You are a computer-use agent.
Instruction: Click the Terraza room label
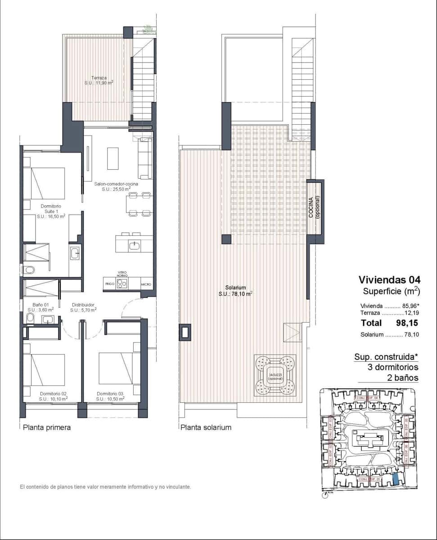(x=99, y=80)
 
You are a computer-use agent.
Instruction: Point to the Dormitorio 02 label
(x=53, y=396)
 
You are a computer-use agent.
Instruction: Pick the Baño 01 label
(x=40, y=307)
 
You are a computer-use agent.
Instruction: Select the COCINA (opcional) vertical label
(x=315, y=207)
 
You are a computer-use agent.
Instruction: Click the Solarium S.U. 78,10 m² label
(x=235, y=290)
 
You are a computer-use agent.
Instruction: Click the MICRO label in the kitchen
(x=146, y=285)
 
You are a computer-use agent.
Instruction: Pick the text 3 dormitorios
(x=393, y=367)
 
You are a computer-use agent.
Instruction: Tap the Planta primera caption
(x=47, y=427)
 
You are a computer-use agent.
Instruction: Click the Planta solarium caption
(x=206, y=427)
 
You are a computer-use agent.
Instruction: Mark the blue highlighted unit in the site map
(x=396, y=479)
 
